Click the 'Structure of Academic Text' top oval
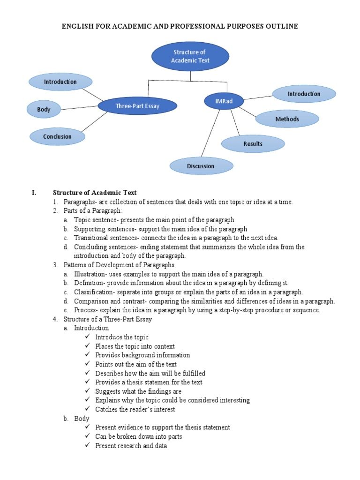(190, 56)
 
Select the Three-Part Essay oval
(137, 106)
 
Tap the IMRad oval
(224, 101)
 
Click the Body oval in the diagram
(44, 110)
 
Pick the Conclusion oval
(57, 136)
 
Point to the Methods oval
(287, 119)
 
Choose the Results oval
(253, 143)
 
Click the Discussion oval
(201, 166)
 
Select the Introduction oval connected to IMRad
(304, 94)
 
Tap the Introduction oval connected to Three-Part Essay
(60, 82)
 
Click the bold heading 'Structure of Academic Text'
(95, 193)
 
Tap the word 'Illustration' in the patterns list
(90, 274)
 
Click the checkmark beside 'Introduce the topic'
(88, 337)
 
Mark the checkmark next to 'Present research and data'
(88, 445)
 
